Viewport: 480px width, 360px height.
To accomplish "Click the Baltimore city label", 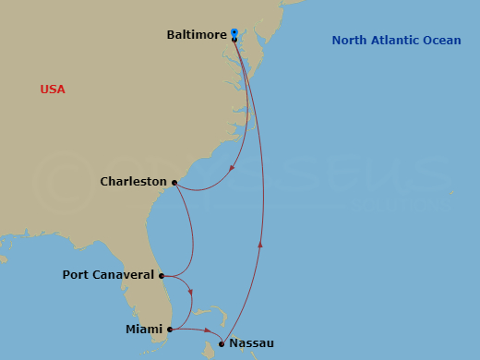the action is [x=197, y=34].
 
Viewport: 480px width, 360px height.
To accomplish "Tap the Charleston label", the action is [x=134, y=182].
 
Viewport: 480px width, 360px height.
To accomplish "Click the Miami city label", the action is [x=144, y=329].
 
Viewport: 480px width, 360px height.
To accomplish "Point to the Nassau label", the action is [x=251, y=343].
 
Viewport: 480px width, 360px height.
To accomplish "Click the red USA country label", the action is [x=53, y=90].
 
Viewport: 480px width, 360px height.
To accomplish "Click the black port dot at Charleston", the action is [x=174, y=183].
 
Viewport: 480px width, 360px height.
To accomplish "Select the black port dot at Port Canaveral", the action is [x=162, y=275].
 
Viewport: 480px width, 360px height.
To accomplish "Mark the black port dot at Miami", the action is [x=170, y=329].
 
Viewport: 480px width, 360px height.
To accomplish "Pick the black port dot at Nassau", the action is [x=222, y=344].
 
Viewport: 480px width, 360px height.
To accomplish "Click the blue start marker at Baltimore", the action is [x=234, y=31].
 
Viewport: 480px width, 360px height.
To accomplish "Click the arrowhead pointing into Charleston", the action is [x=230, y=168].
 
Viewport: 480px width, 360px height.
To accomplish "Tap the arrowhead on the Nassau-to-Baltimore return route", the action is [x=260, y=245].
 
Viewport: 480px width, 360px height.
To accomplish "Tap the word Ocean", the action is [x=441, y=40].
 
